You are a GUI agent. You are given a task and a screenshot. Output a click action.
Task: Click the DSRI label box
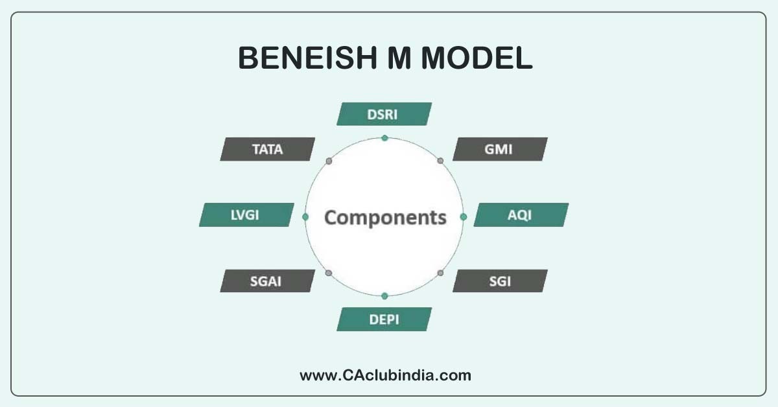[384, 114]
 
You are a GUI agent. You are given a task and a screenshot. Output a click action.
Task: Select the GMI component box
[500, 149]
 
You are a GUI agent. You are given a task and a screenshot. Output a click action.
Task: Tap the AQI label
[521, 215]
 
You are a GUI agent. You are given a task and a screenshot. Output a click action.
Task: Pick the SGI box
[500, 281]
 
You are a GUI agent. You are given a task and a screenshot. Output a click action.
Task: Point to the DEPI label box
[384, 319]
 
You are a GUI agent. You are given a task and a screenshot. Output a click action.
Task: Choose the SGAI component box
[268, 281]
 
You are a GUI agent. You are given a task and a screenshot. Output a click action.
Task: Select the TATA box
[268, 149]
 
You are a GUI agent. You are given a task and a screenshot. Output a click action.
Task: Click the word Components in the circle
[385, 217]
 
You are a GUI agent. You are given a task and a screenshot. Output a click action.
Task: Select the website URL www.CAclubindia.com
[385, 375]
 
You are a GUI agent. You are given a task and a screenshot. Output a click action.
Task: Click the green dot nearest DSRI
[384, 137]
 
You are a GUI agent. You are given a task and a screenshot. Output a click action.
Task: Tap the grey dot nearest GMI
[440, 160]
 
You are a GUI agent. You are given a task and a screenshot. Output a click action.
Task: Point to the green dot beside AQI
[463, 216]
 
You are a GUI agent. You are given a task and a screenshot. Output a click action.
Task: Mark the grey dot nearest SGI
[440, 273]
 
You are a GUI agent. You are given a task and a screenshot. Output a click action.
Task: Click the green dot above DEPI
[384, 296]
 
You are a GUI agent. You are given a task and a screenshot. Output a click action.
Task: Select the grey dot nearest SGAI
[329, 273]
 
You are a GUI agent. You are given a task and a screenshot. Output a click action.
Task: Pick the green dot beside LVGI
[305, 216]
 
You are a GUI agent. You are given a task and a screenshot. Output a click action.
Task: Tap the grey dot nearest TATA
[329, 160]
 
